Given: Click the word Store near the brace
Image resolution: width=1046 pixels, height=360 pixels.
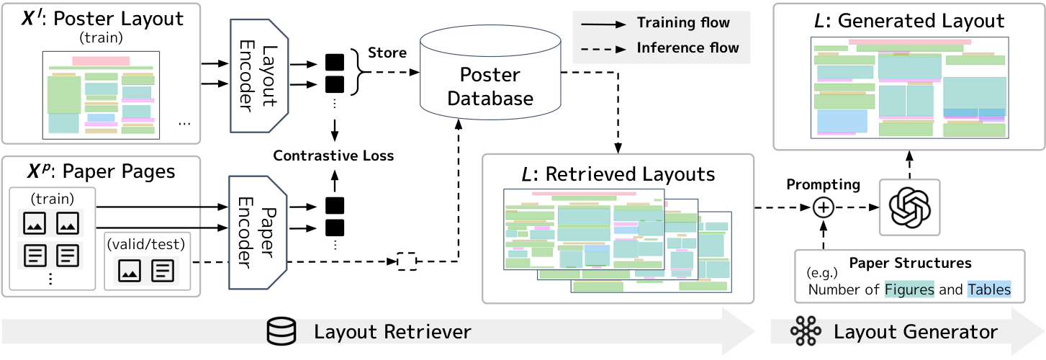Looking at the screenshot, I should point(387,53).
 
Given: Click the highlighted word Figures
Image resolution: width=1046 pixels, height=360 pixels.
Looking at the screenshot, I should point(909,290).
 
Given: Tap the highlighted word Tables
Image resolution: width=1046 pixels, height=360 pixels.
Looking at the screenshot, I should point(988,290).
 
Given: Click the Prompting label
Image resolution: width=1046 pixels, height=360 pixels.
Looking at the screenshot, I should point(823,184).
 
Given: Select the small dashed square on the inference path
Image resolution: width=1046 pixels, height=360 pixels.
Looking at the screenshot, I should point(407,260).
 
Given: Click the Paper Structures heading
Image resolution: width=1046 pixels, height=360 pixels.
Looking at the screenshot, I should point(910,263).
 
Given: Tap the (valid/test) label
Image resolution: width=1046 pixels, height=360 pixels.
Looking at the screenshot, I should point(147,243).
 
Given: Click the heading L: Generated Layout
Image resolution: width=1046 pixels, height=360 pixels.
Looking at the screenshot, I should point(910,20).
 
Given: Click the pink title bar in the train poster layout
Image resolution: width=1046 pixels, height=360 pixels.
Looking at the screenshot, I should point(101,61).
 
